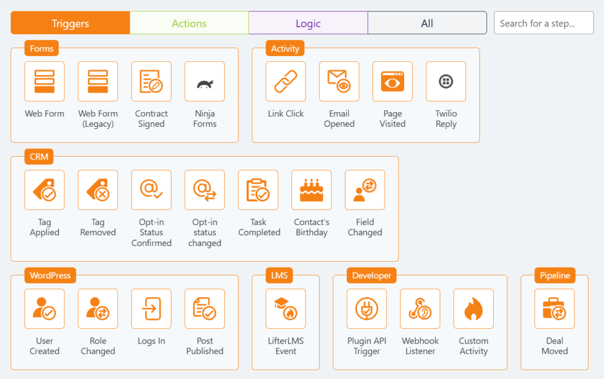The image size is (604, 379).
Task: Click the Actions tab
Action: [189, 23]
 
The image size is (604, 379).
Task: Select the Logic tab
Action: [308, 23]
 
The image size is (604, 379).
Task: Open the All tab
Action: [427, 23]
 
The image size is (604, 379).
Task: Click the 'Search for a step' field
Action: [543, 23]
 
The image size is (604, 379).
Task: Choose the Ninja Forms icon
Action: [205, 81]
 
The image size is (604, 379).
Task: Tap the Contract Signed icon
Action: [151, 81]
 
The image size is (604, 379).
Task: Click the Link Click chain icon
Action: [285, 81]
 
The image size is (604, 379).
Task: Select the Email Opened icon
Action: [339, 81]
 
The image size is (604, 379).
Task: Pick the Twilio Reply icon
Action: [446, 81]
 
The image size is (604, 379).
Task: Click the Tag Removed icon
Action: [98, 190]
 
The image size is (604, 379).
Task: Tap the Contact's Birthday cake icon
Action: [311, 190]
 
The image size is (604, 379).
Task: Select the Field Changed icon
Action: [365, 190]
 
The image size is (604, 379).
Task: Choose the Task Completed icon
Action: [258, 190]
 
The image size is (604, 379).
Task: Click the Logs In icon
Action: [151, 309]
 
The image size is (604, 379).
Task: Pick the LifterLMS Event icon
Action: [285, 309]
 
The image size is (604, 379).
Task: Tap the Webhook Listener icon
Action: [420, 309]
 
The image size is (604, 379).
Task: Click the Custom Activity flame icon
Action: [474, 309]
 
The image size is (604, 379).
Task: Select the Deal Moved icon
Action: [554, 309]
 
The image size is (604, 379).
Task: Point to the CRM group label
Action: [39, 157]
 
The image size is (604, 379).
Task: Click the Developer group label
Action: [372, 275]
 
